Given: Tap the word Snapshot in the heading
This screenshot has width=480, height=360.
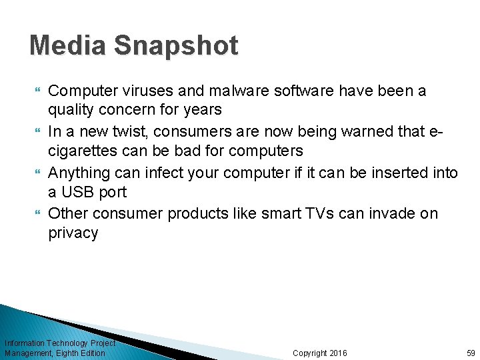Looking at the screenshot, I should pyautogui.click(x=176, y=45).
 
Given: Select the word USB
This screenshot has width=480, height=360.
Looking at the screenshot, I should pyautogui.click(x=76, y=193).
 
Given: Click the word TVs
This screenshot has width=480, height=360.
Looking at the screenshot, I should pyautogui.click(x=337, y=214).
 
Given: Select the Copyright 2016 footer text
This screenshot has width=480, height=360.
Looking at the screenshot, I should pyautogui.click(x=320, y=353).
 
